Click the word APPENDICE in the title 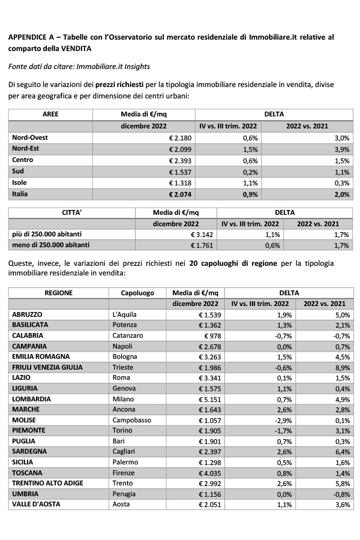click(x=28, y=37)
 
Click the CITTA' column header click(x=71, y=212)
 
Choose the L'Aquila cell click(x=125, y=314)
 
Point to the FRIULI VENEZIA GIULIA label click(x=47, y=367)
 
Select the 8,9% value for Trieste click(x=341, y=367)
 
